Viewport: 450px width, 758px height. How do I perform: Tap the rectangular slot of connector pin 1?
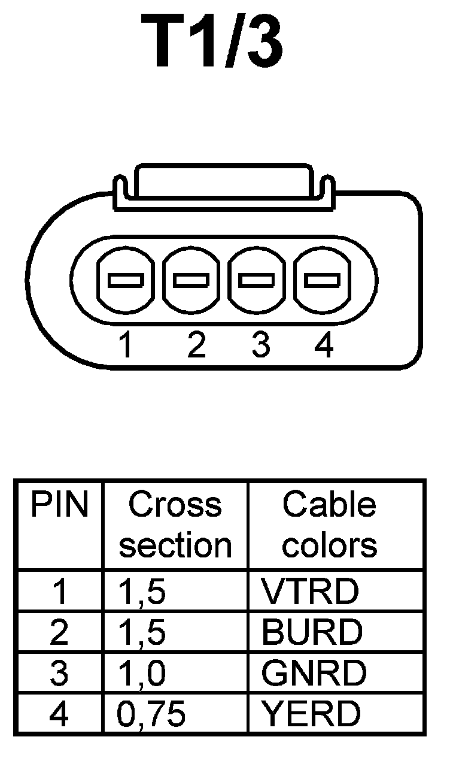124,280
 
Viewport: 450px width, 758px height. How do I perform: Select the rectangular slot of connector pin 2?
190,280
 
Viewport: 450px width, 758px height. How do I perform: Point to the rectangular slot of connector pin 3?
257,280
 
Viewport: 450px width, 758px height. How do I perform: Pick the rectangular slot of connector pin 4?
323,280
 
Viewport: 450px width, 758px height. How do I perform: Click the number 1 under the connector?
125,346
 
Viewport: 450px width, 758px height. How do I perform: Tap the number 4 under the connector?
323,346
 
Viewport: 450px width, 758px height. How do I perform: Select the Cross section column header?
175,525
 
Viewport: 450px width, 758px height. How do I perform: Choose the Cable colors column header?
330,525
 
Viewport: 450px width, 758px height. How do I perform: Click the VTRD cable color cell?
309,591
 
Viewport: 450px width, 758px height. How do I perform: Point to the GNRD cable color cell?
313,673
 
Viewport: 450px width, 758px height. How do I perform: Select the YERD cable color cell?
311,714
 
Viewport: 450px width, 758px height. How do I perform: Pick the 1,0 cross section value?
142,673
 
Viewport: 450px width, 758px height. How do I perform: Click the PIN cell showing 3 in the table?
59,673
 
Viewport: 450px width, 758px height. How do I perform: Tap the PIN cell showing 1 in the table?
59,591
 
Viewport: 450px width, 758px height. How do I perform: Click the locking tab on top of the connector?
223,183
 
